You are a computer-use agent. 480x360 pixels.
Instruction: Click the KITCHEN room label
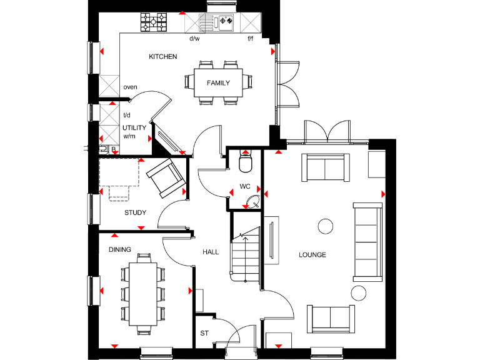point(162,57)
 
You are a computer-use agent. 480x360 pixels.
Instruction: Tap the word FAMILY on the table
point(219,83)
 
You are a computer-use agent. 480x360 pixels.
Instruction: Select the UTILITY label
point(134,128)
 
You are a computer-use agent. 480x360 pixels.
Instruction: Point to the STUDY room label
point(135,213)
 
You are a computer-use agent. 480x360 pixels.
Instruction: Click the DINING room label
point(120,250)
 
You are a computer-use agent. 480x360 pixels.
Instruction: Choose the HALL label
point(211,252)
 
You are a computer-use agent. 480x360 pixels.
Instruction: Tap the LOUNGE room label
point(312,255)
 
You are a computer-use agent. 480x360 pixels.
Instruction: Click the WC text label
point(244,186)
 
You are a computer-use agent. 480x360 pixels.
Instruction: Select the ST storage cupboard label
point(204,334)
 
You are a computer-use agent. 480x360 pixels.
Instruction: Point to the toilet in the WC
point(246,164)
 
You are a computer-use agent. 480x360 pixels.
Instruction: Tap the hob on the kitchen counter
point(154,23)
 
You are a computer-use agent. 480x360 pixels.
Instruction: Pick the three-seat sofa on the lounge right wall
point(367,241)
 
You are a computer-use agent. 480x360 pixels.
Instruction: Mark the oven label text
point(130,87)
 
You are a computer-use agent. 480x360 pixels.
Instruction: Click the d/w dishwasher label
point(194,39)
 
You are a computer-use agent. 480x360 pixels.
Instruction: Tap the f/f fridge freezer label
point(250,39)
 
